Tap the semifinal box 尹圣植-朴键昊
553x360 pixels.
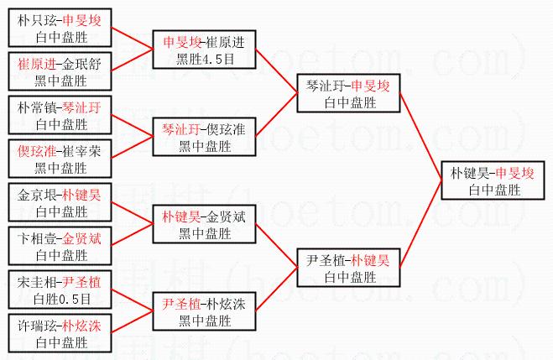tap(347, 268)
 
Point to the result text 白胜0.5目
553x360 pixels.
tap(60, 298)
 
